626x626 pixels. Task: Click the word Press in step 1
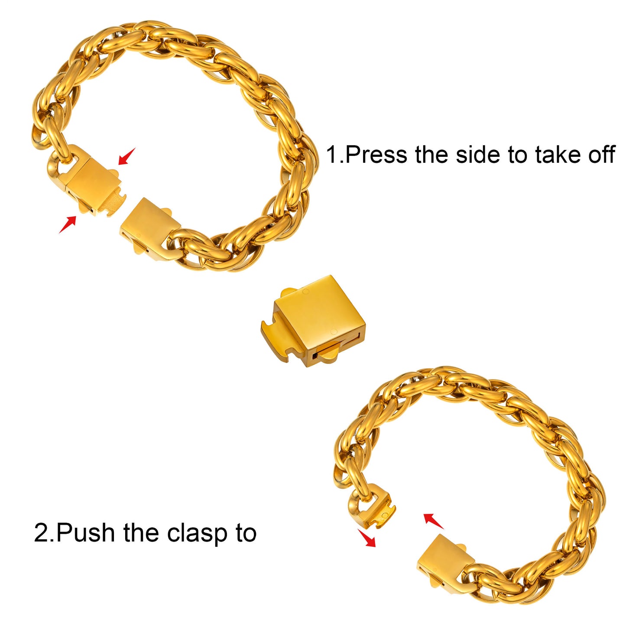(x=376, y=154)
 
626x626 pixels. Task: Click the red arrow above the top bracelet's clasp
(x=126, y=156)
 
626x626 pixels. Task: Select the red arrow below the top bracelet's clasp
(x=68, y=224)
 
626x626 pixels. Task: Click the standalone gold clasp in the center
(x=314, y=321)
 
